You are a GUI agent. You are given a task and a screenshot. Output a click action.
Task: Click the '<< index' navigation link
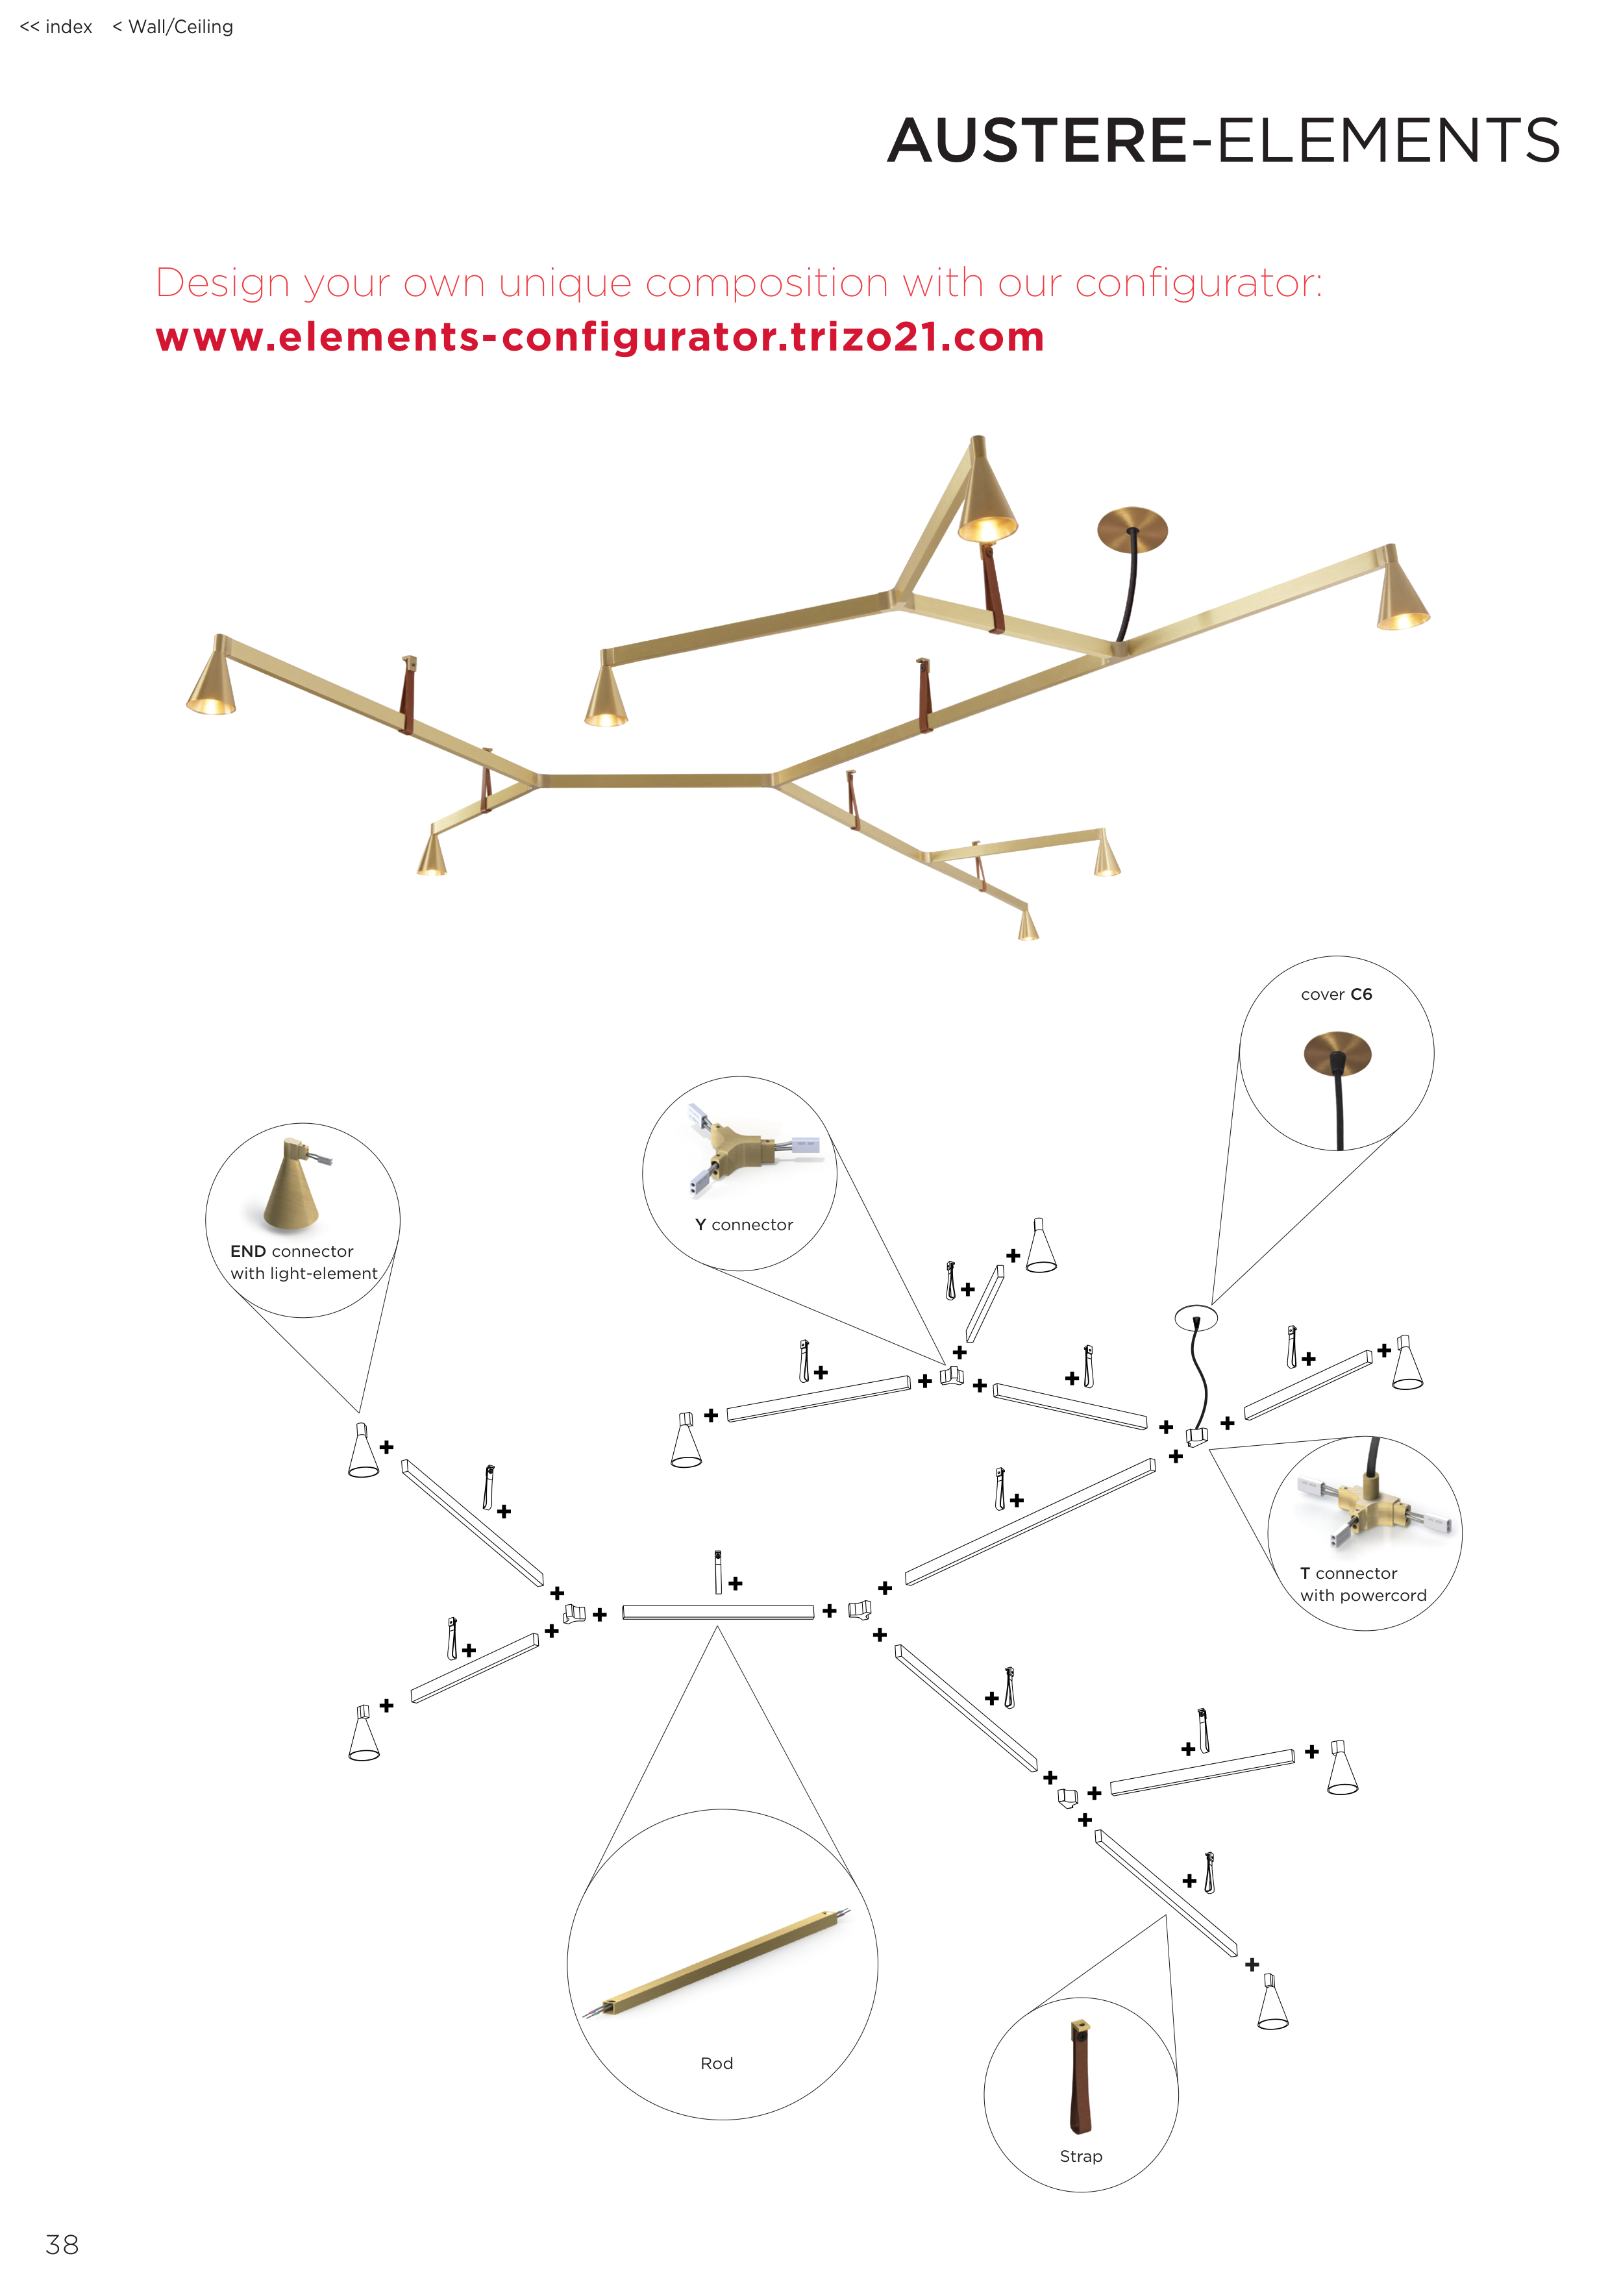(x=56, y=27)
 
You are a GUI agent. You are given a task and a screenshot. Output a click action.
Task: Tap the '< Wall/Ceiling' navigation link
(x=173, y=27)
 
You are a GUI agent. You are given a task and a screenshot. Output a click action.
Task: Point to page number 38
(x=62, y=2244)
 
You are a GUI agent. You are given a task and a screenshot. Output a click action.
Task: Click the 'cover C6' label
(x=1337, y=995)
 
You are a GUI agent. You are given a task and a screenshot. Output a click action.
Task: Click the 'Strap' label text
(x=1081, y=2156)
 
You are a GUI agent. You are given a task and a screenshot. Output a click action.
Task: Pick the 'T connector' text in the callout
(x=1348, y=1573)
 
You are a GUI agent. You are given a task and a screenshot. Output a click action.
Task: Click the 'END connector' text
(x=291, y=1252)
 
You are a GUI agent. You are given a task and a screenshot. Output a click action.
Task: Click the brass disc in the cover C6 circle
(x=1337, y=1052)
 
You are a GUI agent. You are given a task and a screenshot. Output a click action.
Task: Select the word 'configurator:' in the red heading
(x=1198, y=284)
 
